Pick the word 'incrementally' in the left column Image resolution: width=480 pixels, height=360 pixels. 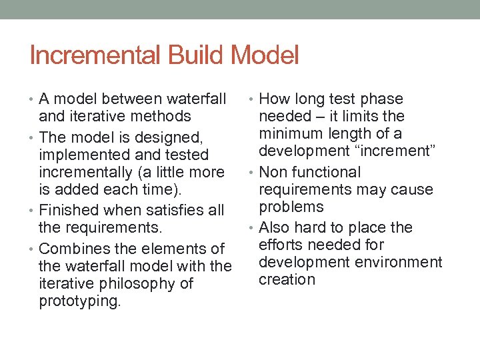pos(85,173)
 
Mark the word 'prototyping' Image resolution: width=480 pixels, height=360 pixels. pos(80,301)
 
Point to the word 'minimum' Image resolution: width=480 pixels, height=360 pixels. pos(291,134)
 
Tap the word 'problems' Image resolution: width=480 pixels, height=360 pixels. pos(291,207)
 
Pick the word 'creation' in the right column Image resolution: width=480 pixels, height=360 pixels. pos(287,279)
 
